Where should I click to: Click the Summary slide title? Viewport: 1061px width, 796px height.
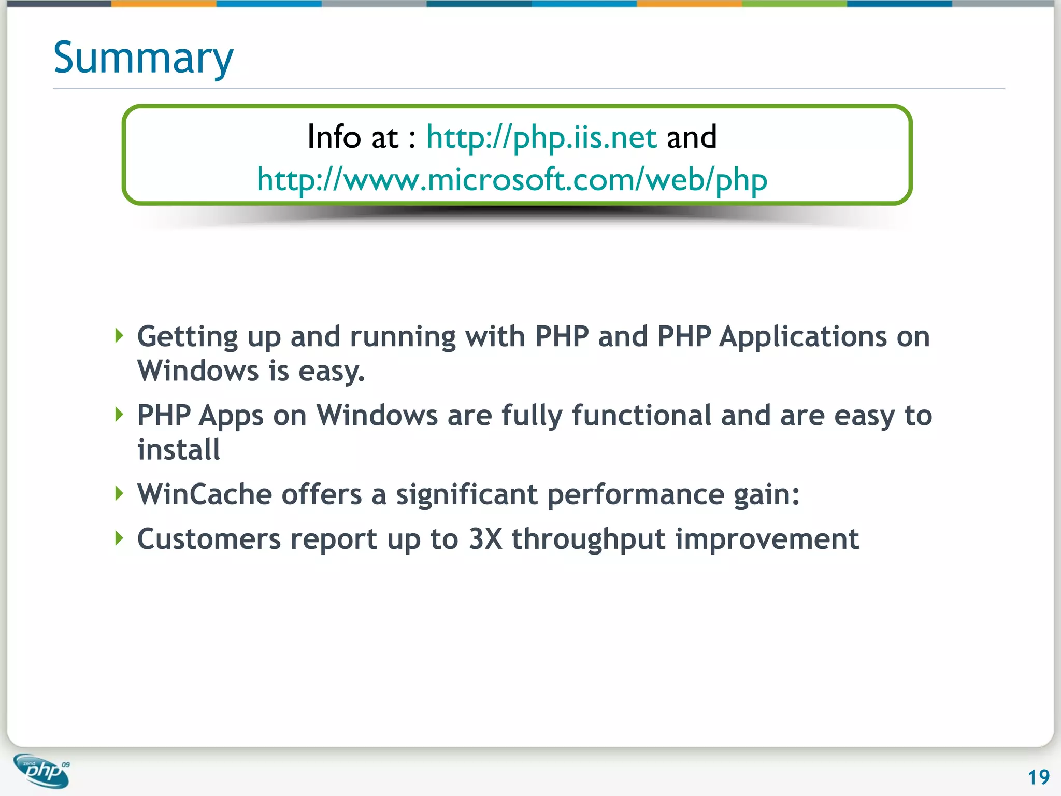pyautogui.click(x=143, y=58)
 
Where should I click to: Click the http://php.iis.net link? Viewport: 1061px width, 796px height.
pyautogui.click(x=541, y=137)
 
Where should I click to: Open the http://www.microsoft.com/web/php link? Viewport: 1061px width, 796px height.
pyautogui.click(x=512, y=180)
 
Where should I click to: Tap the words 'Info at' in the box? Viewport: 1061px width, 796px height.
pyautogui.click(x=353, y=137)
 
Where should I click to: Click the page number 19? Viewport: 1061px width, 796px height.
pyautogui.click(x=1038, y=777)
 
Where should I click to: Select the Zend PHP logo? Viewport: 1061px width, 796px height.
pyautogui.click(x=41, y=771)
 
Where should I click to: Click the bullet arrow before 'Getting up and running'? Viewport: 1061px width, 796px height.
pyautogui.click(x=119, y=336)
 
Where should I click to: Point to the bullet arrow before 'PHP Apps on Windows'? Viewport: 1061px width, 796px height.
pyautogui.click(x=119, y=415)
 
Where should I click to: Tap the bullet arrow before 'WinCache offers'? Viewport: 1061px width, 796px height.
pyautogui.click(x=119, y=493)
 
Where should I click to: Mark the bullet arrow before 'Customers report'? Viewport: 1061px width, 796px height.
pyautogui.click(x=119, y=538)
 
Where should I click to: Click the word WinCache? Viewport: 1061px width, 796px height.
pyautogui.click(x=204, y=494)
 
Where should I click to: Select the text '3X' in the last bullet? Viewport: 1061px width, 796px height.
pyautogui.click(x=485, y=539)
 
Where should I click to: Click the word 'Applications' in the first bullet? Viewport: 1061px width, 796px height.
pyautogui.click(x=803, y=337)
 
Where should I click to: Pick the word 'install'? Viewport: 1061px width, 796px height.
pyautogui.click(x=179, y=449)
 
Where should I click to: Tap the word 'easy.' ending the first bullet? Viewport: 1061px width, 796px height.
pyautogui.click(x=332, y=372)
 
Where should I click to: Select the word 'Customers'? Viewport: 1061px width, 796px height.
pyautogui.click(x=209, y=539)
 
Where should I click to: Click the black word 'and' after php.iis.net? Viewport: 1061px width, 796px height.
pyautogui.click(x=692, y=137)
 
